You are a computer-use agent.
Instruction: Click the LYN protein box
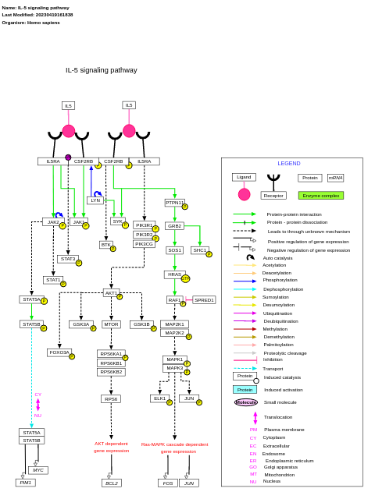click(95, 200)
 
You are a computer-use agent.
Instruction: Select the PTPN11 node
click(174, 203)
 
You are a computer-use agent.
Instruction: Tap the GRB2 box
click(174, 226)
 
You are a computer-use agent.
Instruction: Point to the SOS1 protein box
click(174, 250)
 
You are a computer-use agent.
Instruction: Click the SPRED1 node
click(204, 299)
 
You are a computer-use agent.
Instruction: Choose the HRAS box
click(174, 274)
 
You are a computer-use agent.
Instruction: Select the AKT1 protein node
click(110, 293)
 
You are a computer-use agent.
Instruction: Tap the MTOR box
click(111, 324)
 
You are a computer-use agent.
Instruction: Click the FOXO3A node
click(59, 352)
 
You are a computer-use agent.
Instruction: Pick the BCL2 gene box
click(112, 483)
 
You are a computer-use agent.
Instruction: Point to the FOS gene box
click(168, 483)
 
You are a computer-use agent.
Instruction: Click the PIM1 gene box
click(26, 483)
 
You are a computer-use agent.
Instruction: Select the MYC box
click(38, 470)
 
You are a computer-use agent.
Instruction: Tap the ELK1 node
click(159, 398)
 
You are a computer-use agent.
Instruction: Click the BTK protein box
click(105, 245)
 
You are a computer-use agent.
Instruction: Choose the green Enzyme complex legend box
click(320, 195)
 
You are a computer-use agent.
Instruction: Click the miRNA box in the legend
click(335, 178)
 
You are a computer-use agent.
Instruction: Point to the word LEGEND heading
click(289, 164)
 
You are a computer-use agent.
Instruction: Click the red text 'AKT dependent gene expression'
click(111, 447)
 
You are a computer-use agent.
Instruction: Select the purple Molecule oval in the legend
click(246, 402)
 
